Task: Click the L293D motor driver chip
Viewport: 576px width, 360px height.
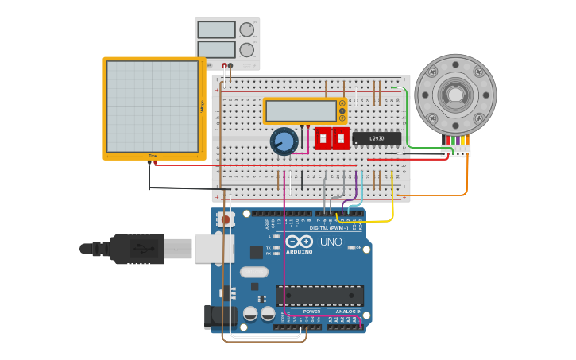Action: pyautogui.click(x=377, y=138)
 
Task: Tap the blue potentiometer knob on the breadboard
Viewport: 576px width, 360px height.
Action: pyautogui.click(x=284, y=141)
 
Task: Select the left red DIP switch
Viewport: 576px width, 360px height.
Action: pyautogui.click(x=323, y=138)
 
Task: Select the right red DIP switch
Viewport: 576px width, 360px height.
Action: pyautogui.click(x=341, y=138)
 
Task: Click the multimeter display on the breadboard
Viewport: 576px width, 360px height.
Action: pyautogui.click(x=301, y=110)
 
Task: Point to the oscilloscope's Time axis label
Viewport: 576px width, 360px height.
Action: pyautogui.click(x=153, y=155)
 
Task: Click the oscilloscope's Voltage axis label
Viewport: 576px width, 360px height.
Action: pyautogui.click(x=202, y=106)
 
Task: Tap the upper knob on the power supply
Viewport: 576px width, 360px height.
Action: pyautogui.click(x=247, y=29)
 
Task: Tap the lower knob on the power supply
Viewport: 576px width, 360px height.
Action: pyautogui.click(x=247, y=49)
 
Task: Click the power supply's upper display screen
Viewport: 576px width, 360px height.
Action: pyautogui.click(x=216, y=29)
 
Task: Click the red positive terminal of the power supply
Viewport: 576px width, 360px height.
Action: pyautogui.click(x=231, y=66)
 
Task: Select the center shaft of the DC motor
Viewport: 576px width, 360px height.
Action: pyautogui.click(x=455, y=95)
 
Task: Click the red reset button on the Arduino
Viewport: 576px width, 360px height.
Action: pyautogui.click(x=226, y=219)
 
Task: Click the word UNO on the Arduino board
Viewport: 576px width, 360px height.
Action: pyautogui.click(x=331, y=242)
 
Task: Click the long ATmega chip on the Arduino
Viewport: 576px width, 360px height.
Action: pyautogui.click(x=319, y=295)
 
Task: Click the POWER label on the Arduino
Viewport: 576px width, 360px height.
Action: pyautogui.click(x=311, y=312)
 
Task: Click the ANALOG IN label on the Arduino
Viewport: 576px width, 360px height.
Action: pyautogui.click(x=347, y=312)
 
